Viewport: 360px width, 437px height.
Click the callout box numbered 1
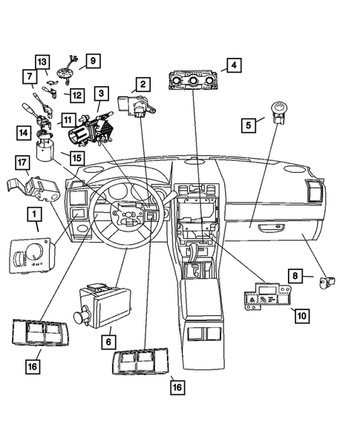click(x=33, y=216)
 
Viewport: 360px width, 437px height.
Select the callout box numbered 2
click(x=141, y=85)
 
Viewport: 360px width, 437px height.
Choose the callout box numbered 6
click(x=110, y=341)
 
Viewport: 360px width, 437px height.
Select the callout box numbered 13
click(x=42, y=61)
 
